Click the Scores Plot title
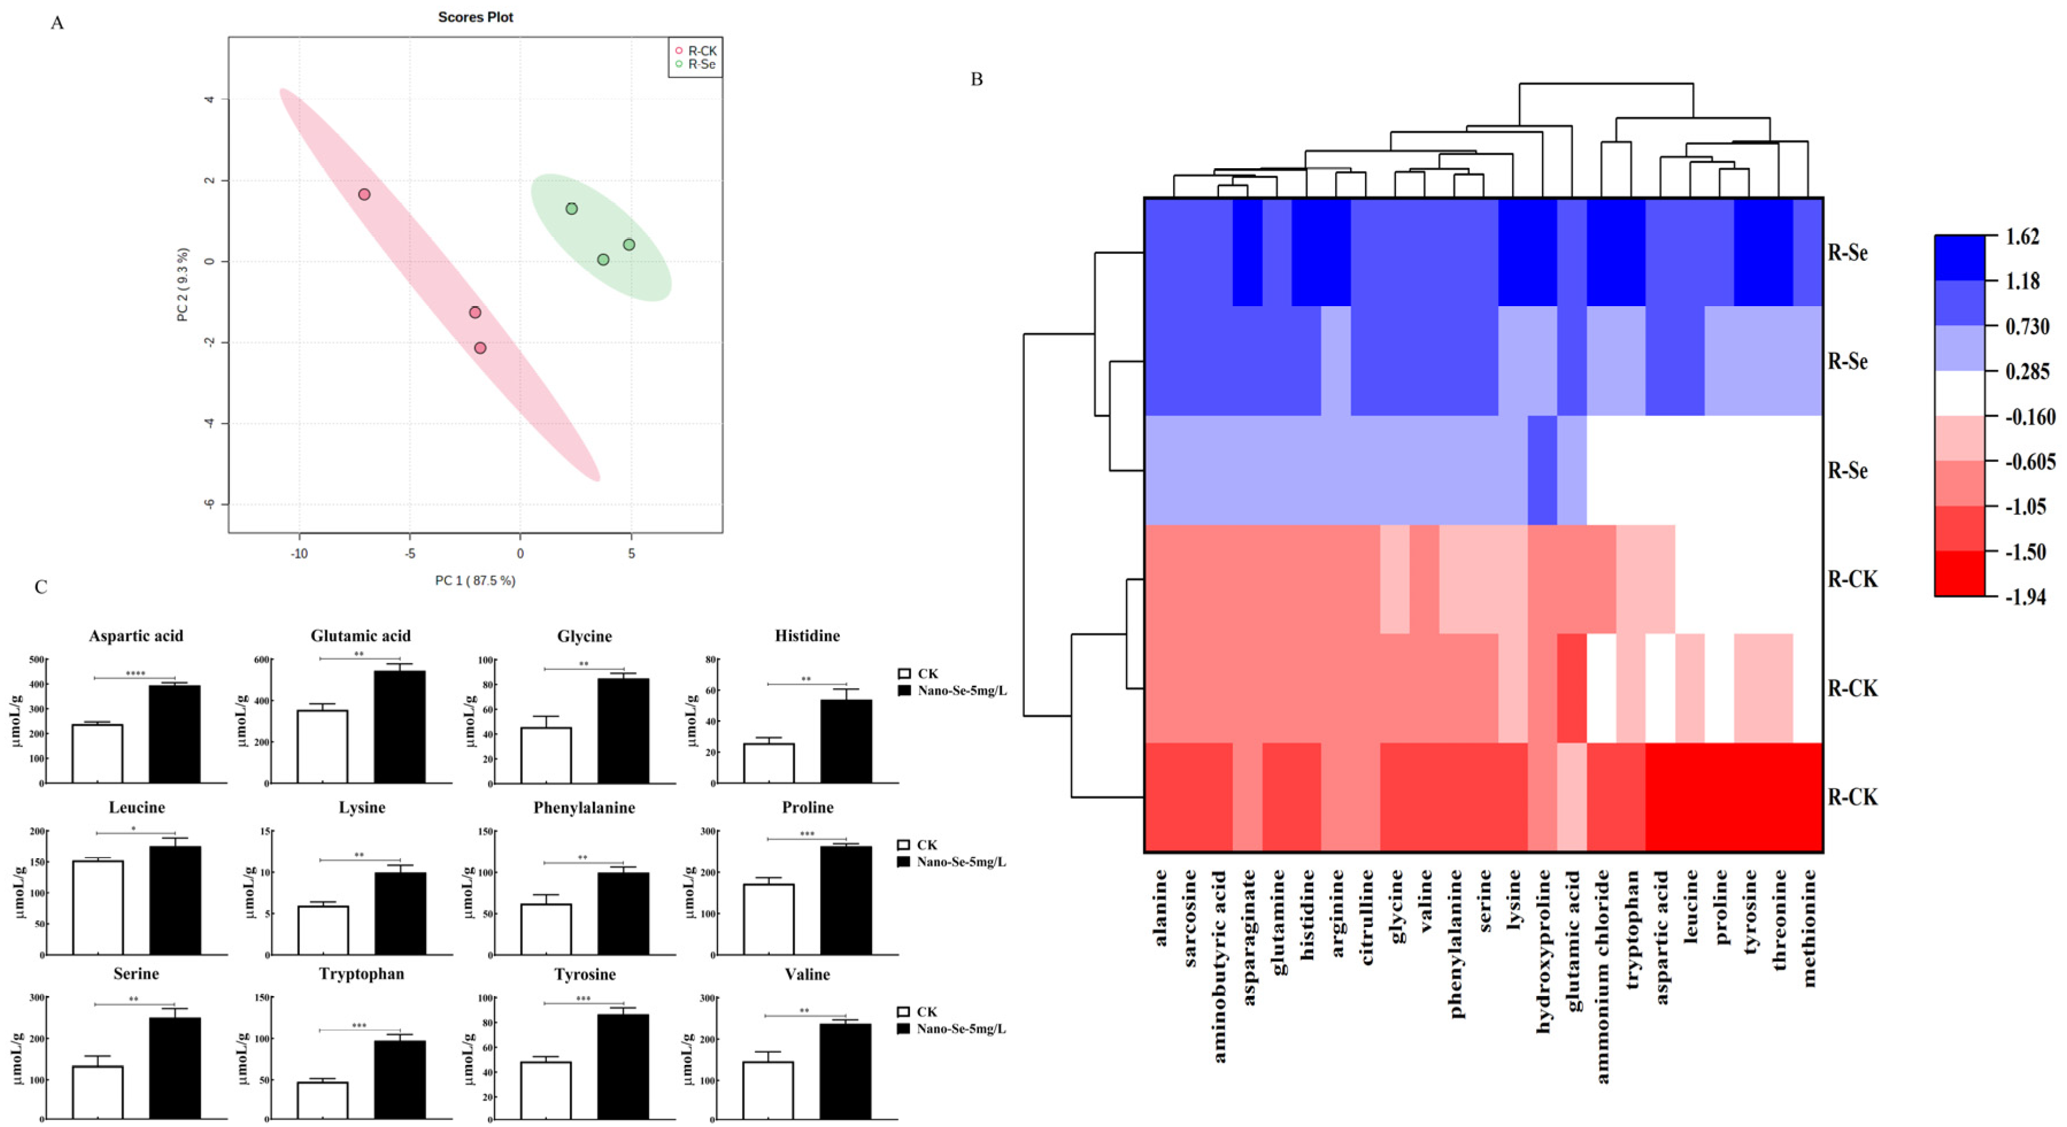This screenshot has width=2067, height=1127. [475, 17]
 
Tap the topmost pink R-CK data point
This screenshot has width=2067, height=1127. [364, 194]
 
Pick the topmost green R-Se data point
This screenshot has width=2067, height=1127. [571, 209]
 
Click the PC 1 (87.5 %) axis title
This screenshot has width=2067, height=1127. [475, 580]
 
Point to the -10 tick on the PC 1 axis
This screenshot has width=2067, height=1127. [299, 554]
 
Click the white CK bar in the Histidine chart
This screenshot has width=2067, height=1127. [769, 763]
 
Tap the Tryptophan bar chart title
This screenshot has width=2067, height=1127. [361, 974]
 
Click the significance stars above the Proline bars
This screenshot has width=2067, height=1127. [807, 834]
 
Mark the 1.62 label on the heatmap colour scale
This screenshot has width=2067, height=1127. [2022, 237]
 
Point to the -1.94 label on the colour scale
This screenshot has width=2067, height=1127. [2024, 597]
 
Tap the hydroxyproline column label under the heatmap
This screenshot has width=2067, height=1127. [1543, 951]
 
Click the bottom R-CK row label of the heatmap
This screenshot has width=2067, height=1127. [1852, 797]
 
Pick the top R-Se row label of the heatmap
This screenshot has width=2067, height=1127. [1847, 253]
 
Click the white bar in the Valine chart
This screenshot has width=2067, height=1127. [768, 1089]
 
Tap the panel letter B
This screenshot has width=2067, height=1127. [977, 79]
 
